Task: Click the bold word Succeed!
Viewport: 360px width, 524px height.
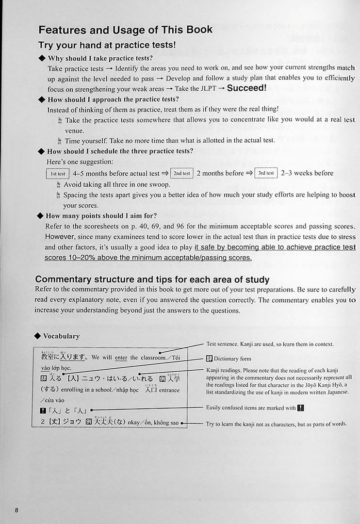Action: tap(246, 88)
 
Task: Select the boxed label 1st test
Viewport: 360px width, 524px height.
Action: tap(58, 174)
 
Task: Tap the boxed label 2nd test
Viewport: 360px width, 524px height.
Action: tap(182, 173)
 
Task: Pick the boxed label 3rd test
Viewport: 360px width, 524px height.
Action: tap(266, 173)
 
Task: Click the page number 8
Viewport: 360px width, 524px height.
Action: tap(16, 510)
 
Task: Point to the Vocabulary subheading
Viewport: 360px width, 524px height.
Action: tap(61, 336)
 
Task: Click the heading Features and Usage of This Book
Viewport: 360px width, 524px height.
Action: tap(125, 30)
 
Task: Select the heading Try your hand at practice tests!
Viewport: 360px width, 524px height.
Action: tap(107, 46)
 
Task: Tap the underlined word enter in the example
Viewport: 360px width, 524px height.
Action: tap(121, 358)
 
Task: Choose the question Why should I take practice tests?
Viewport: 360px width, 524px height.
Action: tap(100, 58)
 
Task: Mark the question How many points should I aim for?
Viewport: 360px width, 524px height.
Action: tap(101, 215)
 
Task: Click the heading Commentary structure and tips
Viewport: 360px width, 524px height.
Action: tap(152, 279)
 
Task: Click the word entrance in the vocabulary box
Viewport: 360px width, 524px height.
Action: tap(167, 390)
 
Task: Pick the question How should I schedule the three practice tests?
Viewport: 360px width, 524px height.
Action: tap(120, 151)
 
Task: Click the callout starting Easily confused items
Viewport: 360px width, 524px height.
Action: tap(251, 408)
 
